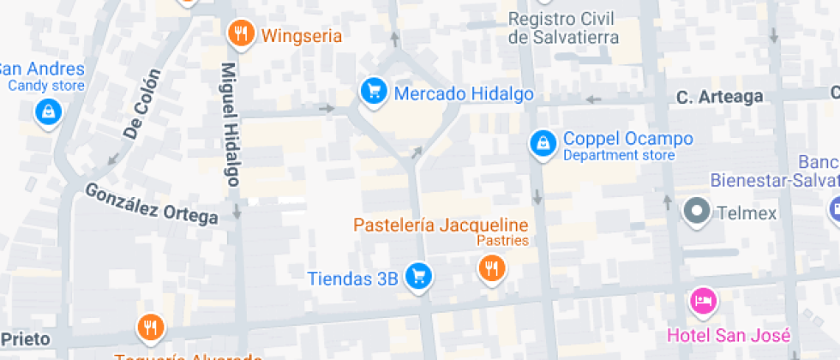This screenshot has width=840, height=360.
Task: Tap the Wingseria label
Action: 302,36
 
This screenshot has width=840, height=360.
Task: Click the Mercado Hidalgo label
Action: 464,93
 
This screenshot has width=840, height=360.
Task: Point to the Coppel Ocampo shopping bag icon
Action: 542,143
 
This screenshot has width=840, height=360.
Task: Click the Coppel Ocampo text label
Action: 627,139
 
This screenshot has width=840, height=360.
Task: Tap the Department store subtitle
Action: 618,155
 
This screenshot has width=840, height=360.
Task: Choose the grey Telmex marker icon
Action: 696,210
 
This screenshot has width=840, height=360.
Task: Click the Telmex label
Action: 746,212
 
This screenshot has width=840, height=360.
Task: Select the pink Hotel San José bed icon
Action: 704,300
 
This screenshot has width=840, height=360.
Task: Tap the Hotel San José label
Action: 729,334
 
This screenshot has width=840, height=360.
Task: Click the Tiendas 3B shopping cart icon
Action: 418,275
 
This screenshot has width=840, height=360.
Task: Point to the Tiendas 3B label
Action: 352,278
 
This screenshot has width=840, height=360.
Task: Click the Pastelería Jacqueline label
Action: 441,225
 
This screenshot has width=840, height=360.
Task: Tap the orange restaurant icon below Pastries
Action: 491,268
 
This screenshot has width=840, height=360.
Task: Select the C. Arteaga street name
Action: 719,97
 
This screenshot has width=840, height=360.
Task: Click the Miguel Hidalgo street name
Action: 230,124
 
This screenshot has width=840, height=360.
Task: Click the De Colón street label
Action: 142,104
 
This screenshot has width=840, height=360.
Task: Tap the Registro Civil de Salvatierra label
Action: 563,27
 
